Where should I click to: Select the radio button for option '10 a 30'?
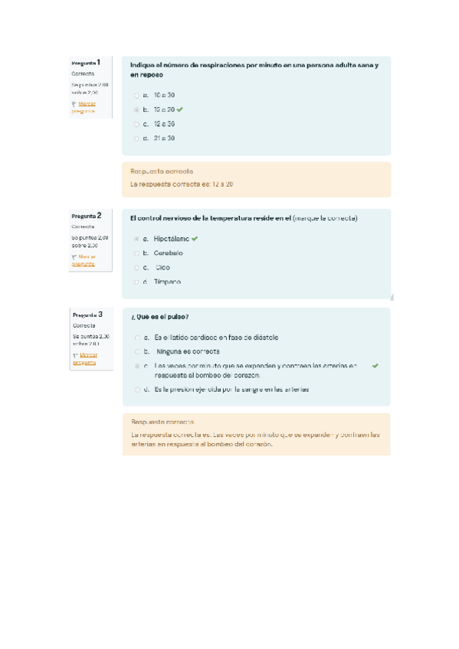click(x=136, y=96)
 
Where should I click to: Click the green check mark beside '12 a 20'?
click(x=180, y=110)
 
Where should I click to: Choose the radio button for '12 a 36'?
click(x=136, y=124)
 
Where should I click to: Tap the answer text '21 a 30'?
click(x=164, y=139)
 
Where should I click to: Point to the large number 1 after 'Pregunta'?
click(x=99, y=61)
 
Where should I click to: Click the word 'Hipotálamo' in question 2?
click(x=171, y=239)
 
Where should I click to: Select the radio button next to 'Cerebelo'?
click(x=136, y=253)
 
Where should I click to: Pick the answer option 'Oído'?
click(x=162, y=268)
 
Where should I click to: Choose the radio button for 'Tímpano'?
click(x=136, y=282)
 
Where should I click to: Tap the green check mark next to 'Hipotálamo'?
click(x=195, y=239)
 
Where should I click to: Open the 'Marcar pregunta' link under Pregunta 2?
click(x=84, y=260)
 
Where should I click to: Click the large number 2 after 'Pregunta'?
click(x=99, y=215)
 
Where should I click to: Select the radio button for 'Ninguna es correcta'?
click(x=136, y=352)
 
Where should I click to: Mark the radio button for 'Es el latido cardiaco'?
click(x=136, y=338)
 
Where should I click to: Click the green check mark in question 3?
click(x=375, y=367)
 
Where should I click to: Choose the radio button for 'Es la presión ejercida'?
click(x=136, y=390)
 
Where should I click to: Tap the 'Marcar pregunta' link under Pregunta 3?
click(x=84, y=359)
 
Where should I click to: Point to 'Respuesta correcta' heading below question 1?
click(x=162, y=171)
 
